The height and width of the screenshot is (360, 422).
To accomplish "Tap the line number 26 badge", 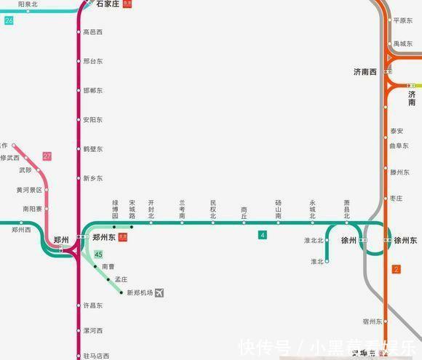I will coord(9,20).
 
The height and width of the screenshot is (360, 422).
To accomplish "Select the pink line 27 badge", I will coord(47,156).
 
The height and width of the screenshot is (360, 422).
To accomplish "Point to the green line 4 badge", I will coord(263,235).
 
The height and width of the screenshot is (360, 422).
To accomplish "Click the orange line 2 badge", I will coord(396,270).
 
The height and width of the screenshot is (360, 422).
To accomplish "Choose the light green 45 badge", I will coord(98,254).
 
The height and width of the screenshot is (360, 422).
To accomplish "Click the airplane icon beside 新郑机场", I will coord(160,292).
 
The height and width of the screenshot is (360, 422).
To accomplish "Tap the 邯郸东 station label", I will coord(93,91).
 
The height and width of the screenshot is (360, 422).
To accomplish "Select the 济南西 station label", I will coord(365,72).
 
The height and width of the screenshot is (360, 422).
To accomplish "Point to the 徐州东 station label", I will coord(405,240).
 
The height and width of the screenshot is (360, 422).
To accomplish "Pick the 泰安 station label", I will coord(397,131).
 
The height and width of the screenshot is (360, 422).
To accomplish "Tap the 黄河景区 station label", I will coord(29,190).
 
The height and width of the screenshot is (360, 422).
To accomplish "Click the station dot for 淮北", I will coord(327,261).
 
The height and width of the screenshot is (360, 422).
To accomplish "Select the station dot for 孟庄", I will coord(108,279).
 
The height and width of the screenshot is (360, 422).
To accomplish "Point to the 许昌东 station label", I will coord(93,305).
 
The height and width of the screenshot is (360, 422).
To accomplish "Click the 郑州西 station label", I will coord(21,230).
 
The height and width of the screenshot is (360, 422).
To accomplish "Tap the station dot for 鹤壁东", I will coord(79,149).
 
